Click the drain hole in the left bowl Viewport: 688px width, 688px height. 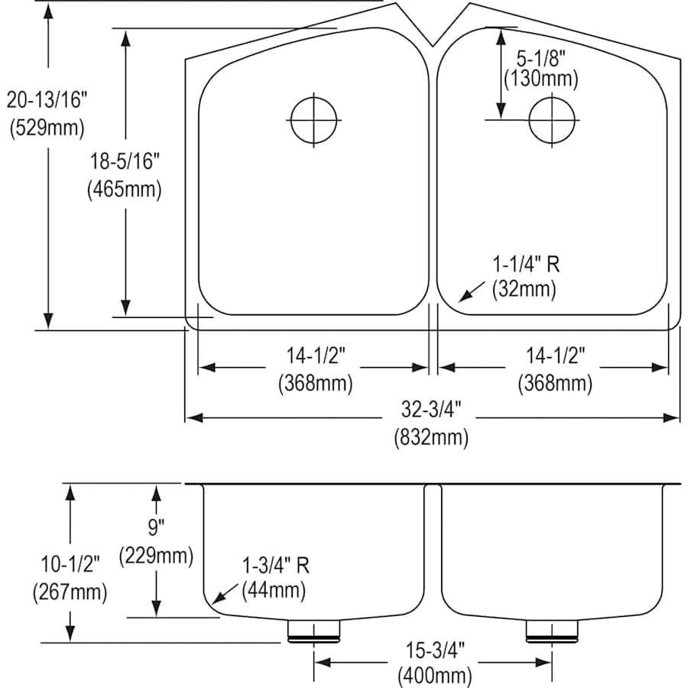click(x=313, y=120)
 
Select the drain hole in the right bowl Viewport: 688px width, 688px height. click(x=552, y=120)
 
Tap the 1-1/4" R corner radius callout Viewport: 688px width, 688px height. click(x=525, y=265)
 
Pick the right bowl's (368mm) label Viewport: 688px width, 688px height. click(x=555, y=382)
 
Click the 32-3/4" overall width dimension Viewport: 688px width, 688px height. click(x=431, y=409)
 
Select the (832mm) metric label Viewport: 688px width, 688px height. click(x=431, y=438)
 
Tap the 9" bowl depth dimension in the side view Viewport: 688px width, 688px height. click(x=156, y=527)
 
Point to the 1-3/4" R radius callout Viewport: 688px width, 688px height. click(x=274, y=566)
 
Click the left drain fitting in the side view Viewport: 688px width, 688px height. click(x=313, y=629)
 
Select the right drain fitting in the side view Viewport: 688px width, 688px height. click(x=551, y=629)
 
